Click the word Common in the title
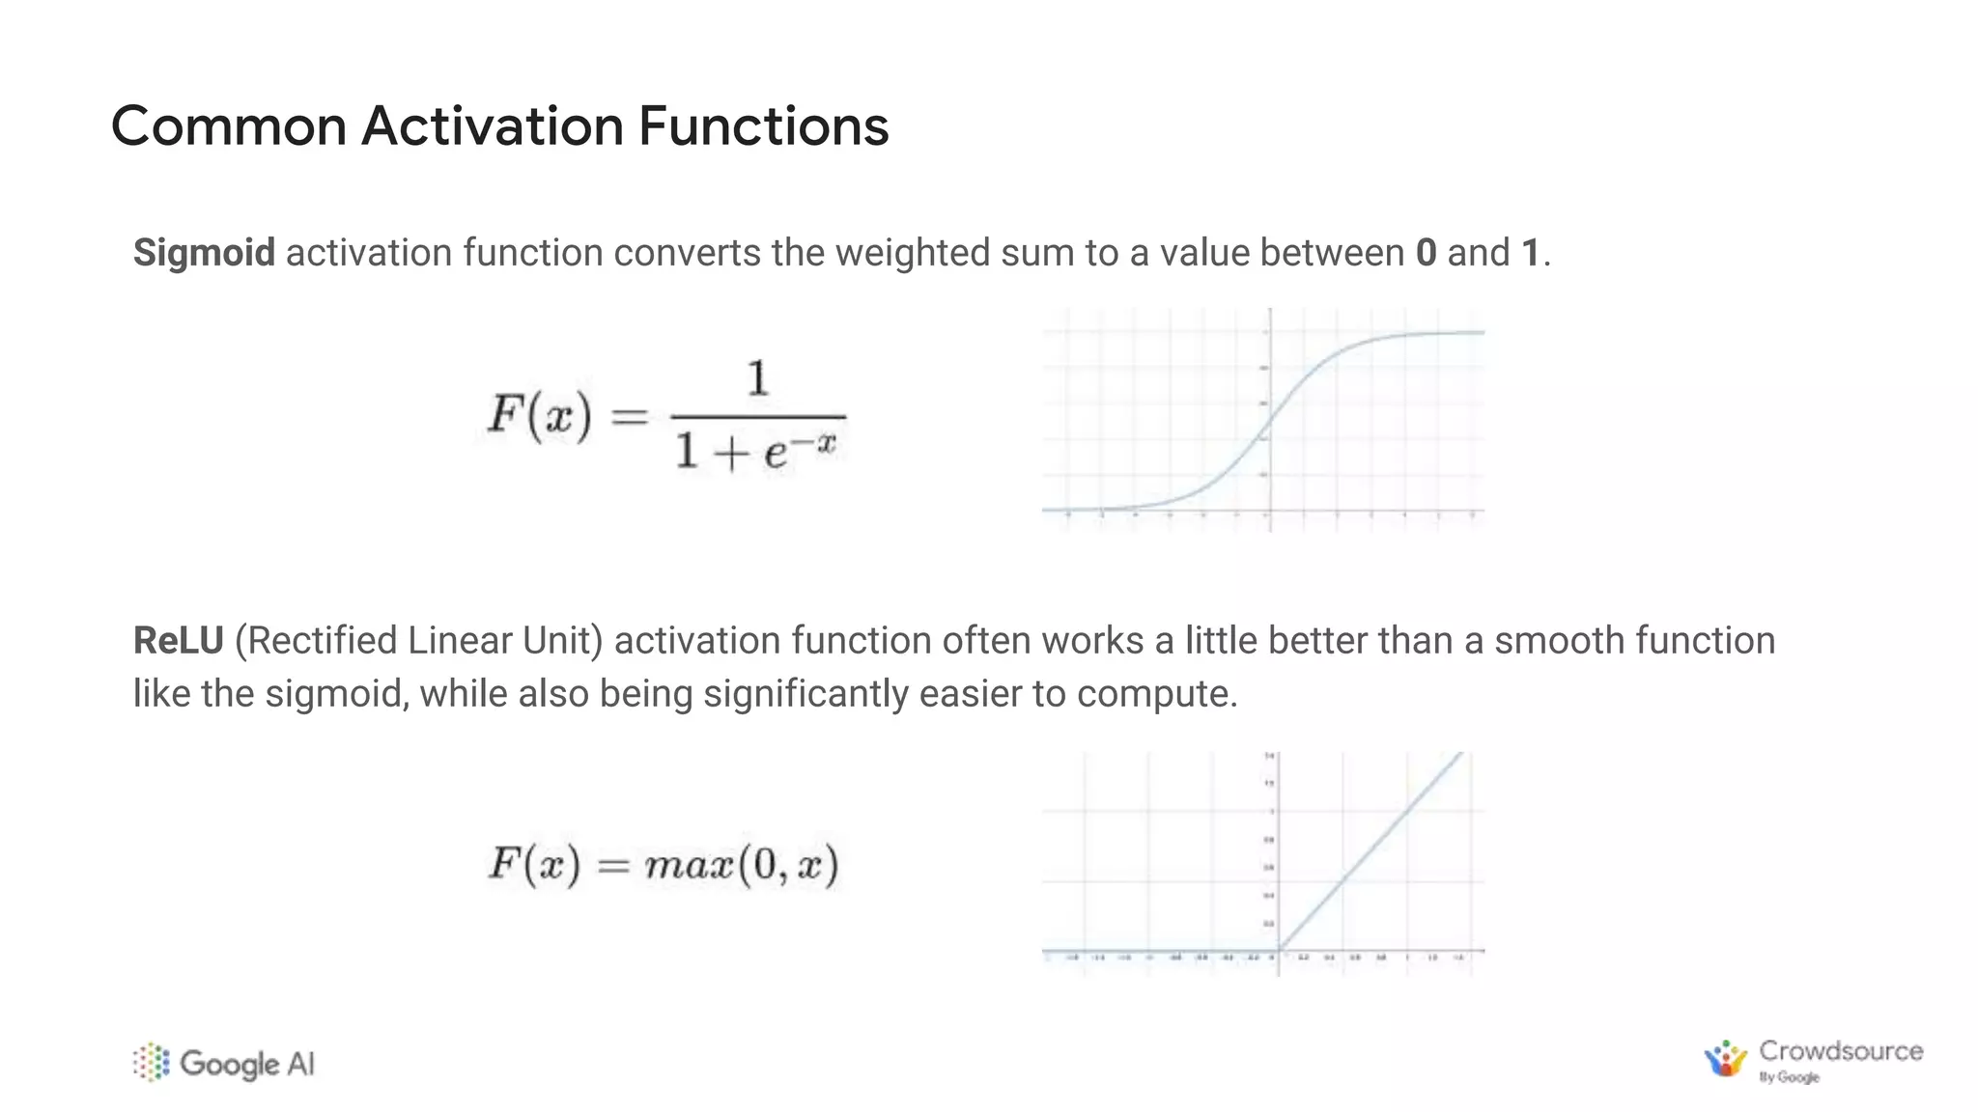tap(228, 126)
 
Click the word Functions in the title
tap(763, 126)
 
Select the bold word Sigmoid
tap(204, 253)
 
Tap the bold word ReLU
tap(178, 641)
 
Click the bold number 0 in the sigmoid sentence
tap(1426, 253)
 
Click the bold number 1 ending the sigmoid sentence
tap(1530, 253)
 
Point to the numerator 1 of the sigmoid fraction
tap(758, 377)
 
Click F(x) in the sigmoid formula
tap(539, 415)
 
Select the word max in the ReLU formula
tap(688, 865)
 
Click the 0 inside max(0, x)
tap(765, 865)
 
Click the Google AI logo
tap(224, 1063)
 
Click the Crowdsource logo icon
tap(1725, 1059)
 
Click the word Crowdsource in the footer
tap(1840, 1050)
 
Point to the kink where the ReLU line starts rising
tap(1278, 950)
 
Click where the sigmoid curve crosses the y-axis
tap(1269, 420)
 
